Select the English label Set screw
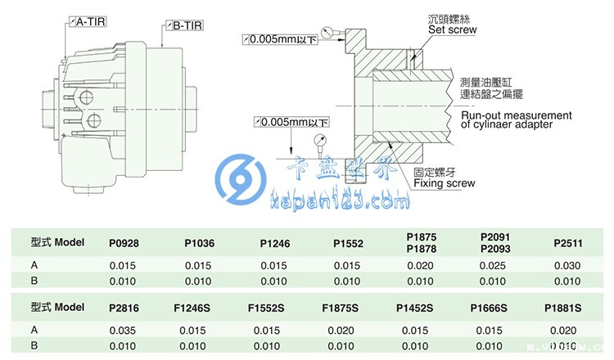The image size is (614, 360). pyautogui.click(x=452, y=30)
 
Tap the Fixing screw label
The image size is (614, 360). pyautogui.click(x=444, y=183)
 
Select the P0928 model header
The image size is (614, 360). pyautogui.click(x=124, y=243)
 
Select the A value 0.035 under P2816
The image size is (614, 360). pyautogui.click(x=124, y=329)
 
